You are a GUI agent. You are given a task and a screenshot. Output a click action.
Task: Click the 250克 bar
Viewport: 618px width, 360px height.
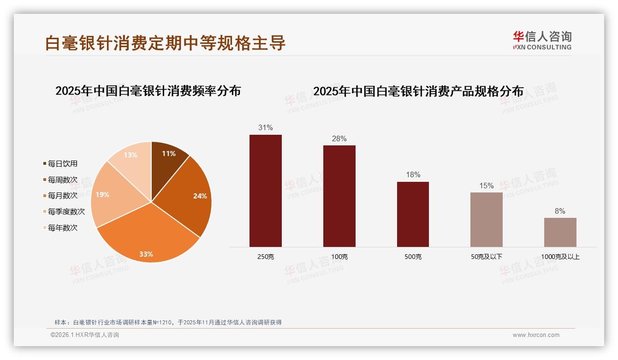[265, 191]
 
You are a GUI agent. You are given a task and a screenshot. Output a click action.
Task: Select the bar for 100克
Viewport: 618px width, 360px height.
[339, 196]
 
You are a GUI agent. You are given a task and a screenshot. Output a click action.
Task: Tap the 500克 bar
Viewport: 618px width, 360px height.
[413, 214]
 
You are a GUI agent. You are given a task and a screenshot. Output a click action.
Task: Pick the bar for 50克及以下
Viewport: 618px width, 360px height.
[486, 220]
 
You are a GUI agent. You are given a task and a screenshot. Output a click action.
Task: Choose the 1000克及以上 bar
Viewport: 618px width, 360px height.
[560, 232]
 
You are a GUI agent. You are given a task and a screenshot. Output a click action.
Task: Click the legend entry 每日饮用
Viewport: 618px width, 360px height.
[62, 164]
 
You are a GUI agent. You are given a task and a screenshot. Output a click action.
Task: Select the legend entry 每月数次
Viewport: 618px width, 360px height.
[62, 196]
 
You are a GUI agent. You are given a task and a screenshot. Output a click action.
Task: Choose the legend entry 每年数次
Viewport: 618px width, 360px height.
[62, 228]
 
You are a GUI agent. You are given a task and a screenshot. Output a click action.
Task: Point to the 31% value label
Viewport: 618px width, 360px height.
[265, 128]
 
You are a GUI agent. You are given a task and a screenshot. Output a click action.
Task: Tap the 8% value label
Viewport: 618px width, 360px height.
[560, 211]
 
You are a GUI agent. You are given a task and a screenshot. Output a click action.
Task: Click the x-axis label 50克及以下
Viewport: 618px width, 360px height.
[486, 257]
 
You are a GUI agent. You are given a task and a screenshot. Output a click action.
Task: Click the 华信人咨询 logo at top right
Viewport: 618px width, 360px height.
[542, 40]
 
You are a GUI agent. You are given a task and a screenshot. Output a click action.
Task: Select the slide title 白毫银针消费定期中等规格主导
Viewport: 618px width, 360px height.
[165, 43]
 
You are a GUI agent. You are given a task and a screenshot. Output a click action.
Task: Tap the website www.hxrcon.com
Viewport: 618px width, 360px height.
[536, 335]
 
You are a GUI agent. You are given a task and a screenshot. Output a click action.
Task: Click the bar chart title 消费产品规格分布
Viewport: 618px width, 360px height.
[418, 91]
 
